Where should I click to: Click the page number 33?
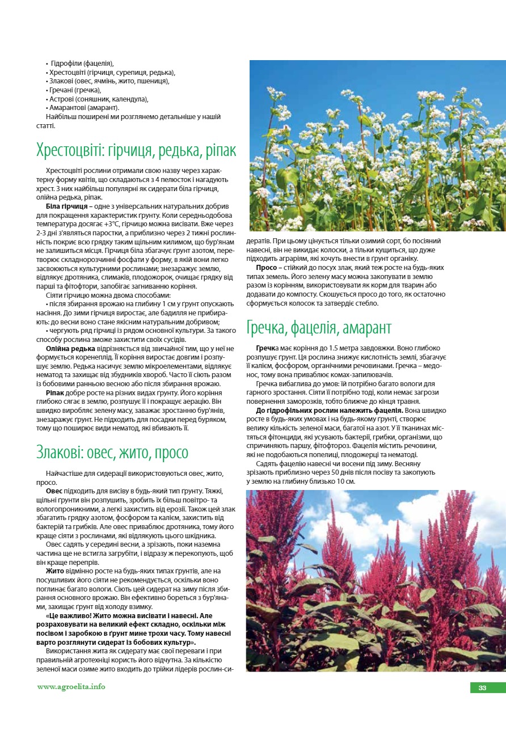point(482,688)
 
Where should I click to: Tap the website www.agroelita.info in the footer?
point(71,687)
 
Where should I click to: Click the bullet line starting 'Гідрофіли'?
point(82,64)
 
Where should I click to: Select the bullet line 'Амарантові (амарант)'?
point(83,108)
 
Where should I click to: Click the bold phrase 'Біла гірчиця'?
point(66,206)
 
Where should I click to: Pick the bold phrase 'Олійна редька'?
point(70,348)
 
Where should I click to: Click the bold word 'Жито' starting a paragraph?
point(54,570)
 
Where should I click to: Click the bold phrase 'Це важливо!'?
point(69,615)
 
